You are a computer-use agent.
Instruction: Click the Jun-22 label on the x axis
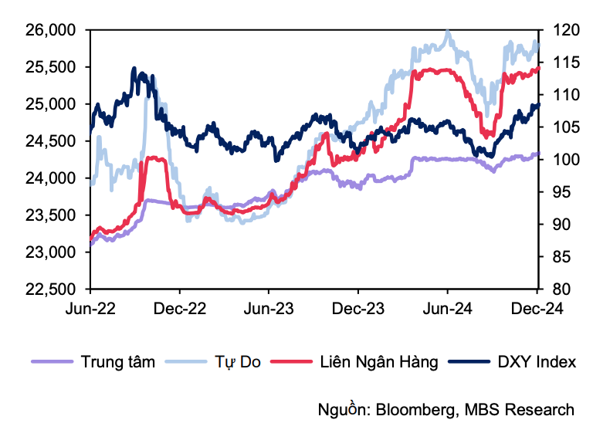pyautogui.click(x=90, y=308)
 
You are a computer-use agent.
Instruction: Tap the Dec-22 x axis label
pyautogui.click(x=179, y=308)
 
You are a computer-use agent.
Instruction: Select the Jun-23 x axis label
pyautogui.click(x=269, y=308)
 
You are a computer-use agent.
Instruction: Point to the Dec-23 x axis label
pyautogui.click(x=357, y=308)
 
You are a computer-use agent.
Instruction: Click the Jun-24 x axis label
pyautogui.click(x=447, y=308)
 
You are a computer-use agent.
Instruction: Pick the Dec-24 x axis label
pyautogui.click(x=536, y=308)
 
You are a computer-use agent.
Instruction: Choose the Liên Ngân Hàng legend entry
pyautogui.click(x=378, y=361)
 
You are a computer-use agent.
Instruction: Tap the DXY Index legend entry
pyautogui.click(x=536, y=361)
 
